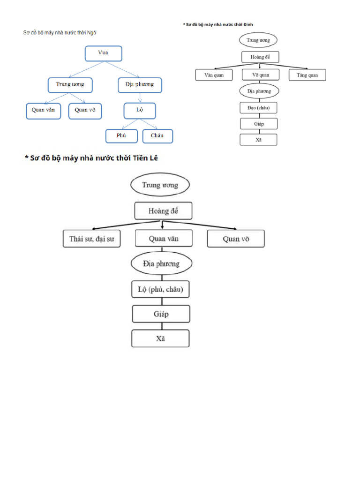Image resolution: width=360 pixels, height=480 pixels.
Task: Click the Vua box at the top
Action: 103,53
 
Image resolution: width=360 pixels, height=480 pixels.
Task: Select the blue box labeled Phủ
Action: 121,136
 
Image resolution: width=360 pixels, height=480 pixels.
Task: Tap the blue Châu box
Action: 157,136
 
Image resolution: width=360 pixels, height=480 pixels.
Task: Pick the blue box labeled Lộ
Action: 140,111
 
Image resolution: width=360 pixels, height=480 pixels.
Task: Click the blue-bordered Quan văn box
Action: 43,111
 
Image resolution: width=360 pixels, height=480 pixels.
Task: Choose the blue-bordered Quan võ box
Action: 85,111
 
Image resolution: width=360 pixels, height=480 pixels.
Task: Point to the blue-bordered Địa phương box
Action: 139,85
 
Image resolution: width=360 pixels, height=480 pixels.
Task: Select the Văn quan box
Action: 214,75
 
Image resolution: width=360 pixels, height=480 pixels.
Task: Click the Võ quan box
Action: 260,75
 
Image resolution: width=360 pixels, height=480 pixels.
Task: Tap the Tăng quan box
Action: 307,75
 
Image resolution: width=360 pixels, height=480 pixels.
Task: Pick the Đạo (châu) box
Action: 259,107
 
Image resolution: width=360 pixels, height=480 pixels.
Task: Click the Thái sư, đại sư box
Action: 92,239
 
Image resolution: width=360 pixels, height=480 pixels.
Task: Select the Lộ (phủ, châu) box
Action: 160,290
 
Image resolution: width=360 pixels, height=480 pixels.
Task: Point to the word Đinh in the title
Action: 254,24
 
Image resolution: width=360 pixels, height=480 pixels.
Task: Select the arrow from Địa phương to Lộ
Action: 140,97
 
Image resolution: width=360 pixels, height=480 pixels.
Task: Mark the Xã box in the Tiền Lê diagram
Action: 160,338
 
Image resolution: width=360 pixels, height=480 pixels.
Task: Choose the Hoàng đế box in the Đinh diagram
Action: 260,57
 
